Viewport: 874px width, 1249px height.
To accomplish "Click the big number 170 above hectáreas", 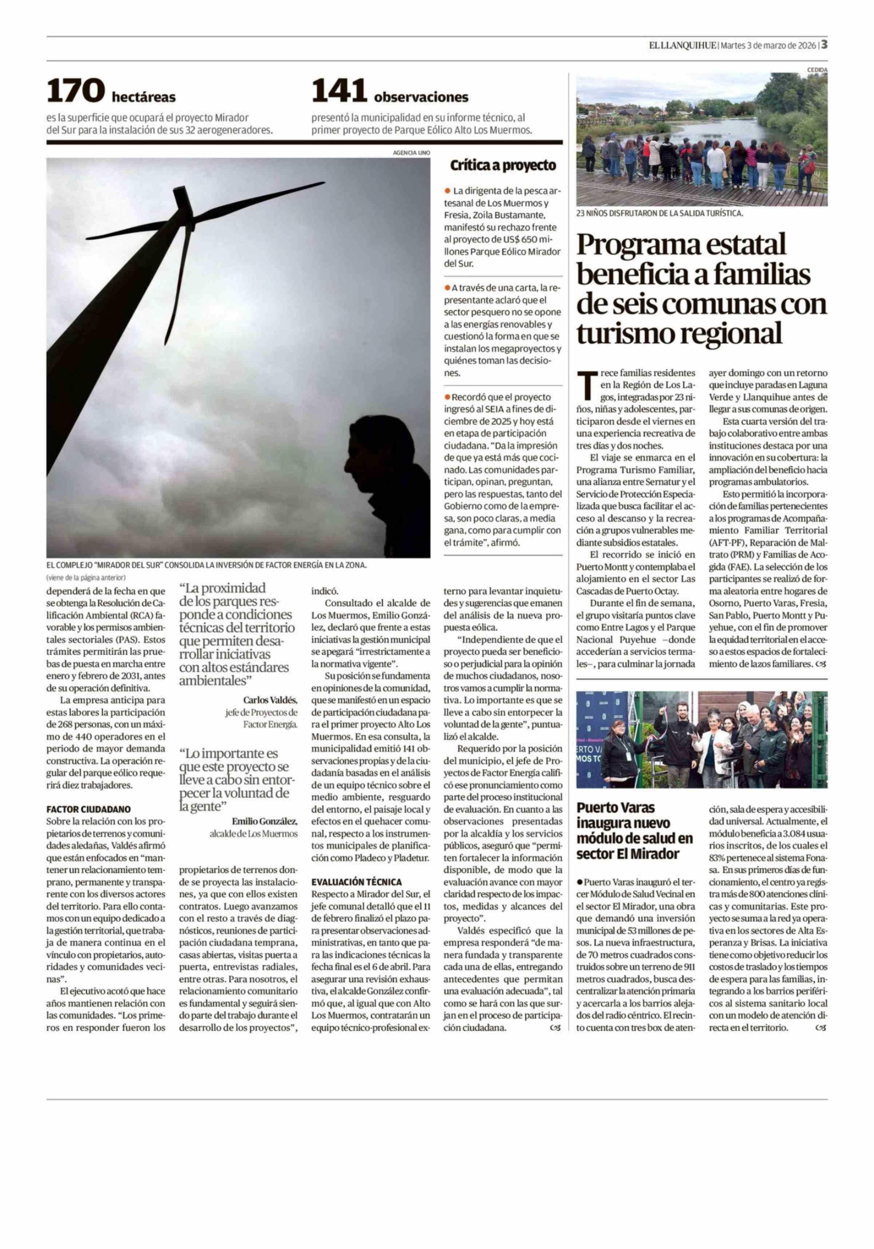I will (76, 90).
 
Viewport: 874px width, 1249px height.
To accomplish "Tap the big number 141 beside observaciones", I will (339, 90).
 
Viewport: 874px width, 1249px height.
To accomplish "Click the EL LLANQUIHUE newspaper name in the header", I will (682, 46).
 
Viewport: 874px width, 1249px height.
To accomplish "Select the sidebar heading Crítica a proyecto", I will (503, 165).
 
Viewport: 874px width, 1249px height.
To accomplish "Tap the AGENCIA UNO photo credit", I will (411, 153).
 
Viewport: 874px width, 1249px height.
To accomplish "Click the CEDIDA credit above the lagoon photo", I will (817, 70).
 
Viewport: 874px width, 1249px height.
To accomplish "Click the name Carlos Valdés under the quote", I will (270, 700).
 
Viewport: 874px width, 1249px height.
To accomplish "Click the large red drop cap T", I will (585, 385).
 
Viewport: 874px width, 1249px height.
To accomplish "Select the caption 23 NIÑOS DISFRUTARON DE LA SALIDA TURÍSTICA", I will (659, 214).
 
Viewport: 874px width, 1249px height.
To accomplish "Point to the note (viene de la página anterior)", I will (86, 577).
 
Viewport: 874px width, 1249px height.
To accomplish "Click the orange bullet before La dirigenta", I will (448, 190).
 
